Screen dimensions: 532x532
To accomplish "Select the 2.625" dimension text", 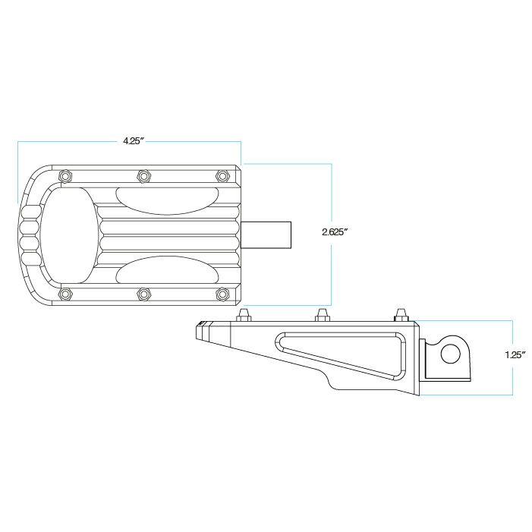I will coord(335,232).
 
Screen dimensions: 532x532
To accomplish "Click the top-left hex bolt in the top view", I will coord(65,176).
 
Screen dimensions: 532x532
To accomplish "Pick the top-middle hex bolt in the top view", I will coord(143,176).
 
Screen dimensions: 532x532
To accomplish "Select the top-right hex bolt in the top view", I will coord(222,176).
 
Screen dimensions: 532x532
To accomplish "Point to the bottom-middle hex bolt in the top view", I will coord(143,294).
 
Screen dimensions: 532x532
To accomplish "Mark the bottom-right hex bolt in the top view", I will coord(222,294).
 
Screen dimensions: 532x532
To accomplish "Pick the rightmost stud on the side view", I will coord(400,313).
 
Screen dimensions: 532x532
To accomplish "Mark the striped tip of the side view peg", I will coord(201,331).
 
